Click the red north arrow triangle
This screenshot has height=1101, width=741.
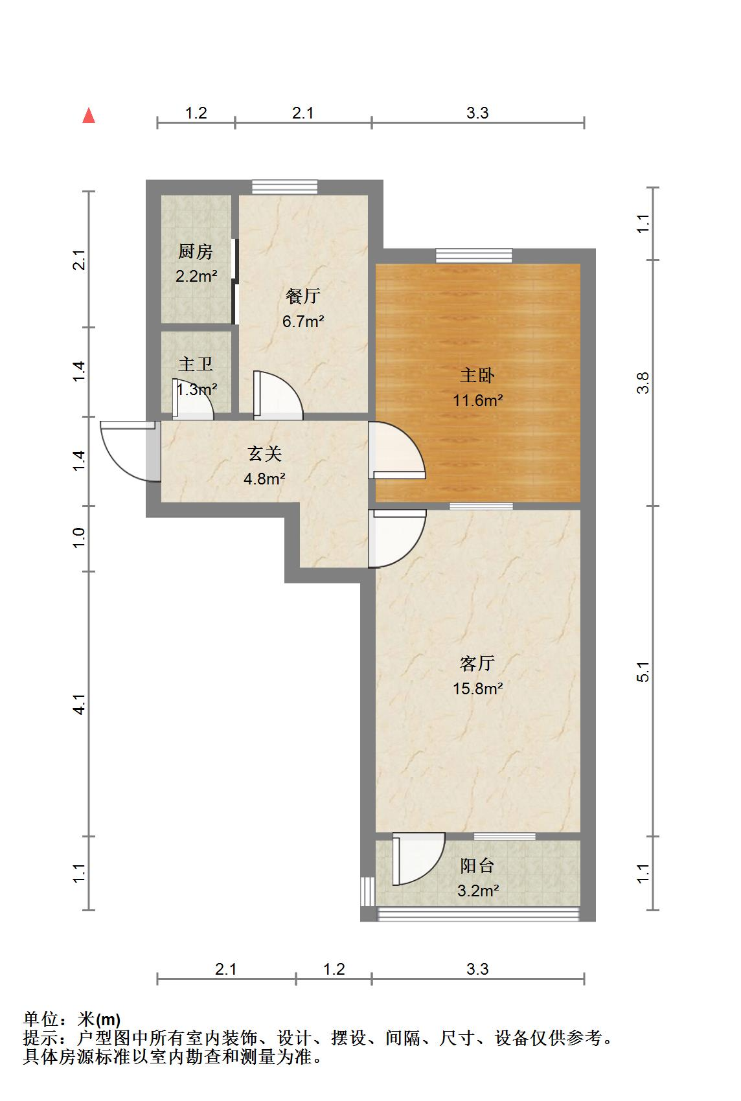pyautogui.click(x=89, y=116)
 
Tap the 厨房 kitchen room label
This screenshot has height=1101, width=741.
pyautogui.click(x=195, y=251)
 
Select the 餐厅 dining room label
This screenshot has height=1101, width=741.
pyautogui.click(x=302, y=296)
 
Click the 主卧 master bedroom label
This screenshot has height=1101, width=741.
pyautogui.click(x=477, y=375)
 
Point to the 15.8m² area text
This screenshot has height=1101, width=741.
pyautogui.click(x=478, y=688)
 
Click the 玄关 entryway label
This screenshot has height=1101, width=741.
pyautogui.click(x=264, y=453)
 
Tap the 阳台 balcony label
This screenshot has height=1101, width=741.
pyautogui.click(x=477, y=865)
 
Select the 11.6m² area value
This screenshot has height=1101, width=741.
pyautogui.click(x=478, y=400)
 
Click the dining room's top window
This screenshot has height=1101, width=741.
pyautogui.click(x=284, y=187)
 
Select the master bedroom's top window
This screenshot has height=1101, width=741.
pyautogui.click(x=473, y=255)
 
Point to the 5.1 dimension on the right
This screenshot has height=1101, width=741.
pyautogui.click(x=643, y=672)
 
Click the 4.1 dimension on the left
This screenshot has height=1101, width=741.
pyautogui.click(x=79, y=704)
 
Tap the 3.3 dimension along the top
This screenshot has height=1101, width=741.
pyautogui.click(x=477, y=113)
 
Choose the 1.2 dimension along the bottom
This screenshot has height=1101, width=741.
pyautogui.click(x=334, y=969)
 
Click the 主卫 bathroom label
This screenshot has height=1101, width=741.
pyautogui.click(x=195, y=364)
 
